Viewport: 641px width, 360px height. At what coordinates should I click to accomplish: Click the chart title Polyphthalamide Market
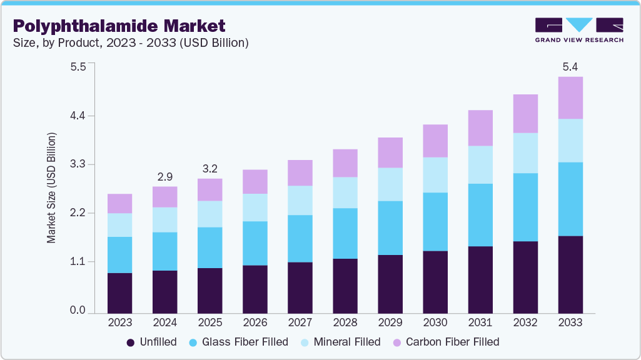point(119,26)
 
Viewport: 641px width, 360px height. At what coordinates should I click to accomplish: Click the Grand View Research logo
point(579,29)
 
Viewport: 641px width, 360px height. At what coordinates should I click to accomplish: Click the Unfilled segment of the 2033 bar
point(570,274)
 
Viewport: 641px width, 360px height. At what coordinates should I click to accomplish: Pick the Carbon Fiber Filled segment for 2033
point(570,98)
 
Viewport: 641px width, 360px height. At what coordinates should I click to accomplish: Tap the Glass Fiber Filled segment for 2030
point(435,222)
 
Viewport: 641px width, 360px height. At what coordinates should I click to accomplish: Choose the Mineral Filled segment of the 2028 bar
point(345,192)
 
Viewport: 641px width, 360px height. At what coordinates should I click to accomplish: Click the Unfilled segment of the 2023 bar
point(119,292)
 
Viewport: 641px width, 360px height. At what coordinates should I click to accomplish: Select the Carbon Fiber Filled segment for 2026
point(255,182)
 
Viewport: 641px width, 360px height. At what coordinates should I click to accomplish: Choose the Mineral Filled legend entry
point(340,342)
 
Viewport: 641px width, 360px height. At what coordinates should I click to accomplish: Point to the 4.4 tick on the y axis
point(78,116)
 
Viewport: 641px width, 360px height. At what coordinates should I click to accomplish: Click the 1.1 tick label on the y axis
point(78,262)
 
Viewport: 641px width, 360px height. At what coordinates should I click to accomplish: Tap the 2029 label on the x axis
point(390,323)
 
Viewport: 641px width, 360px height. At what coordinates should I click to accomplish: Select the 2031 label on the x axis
point(480,323)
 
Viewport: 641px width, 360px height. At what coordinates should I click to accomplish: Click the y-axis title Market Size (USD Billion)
point(52,187)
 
